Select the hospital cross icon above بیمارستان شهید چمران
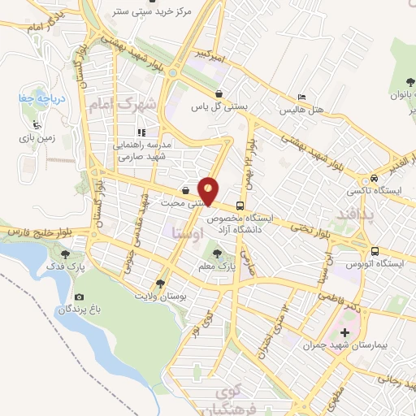click(x=345, y=332)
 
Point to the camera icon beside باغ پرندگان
click(x=79, y=297)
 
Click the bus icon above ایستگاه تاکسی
click(x=373, y=179)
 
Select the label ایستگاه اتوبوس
click(x=375, y=266)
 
